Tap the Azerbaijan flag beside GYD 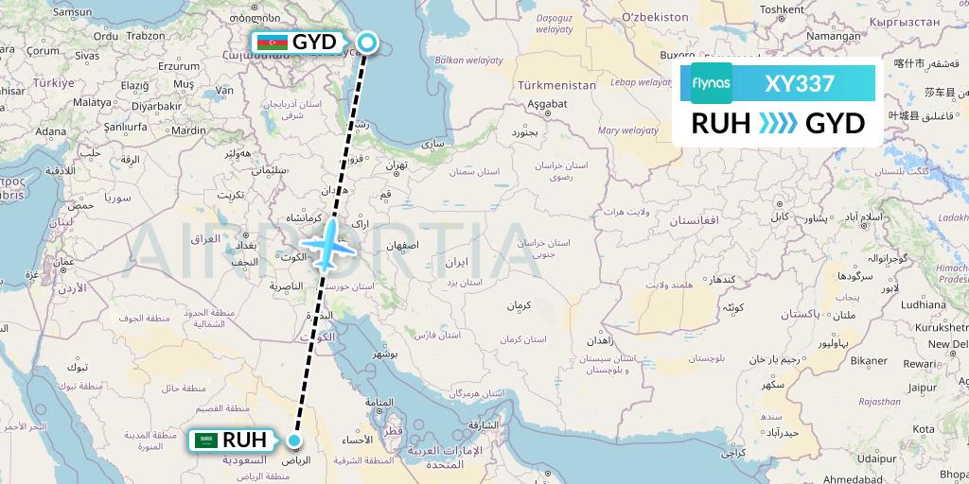(x=271, y=43)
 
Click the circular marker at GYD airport (x=367, y=43)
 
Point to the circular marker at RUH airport (x=295, y=441)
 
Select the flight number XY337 (x=799, y=84)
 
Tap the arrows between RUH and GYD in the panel (x=778, y=124)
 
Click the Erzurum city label (x=180, y=66)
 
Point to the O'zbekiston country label (x=655, y=17)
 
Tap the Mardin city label (x=188, y=130)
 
